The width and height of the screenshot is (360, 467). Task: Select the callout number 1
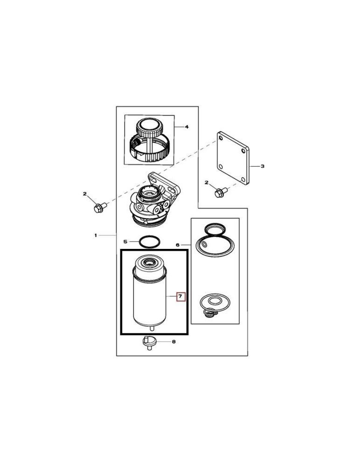(x=95, y=235)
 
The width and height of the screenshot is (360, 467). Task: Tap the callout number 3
(x=262, y=166)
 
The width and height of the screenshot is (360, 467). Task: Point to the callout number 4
(x=186, y=127)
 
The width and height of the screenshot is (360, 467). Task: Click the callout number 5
(x=125, y=241)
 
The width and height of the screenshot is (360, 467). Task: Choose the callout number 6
(x=177, y=244)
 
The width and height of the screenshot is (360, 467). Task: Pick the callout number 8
(x=174, y=342)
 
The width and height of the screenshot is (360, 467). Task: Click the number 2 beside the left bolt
(x=85, y=193)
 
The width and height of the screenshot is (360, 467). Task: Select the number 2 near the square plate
(x=206, y=183)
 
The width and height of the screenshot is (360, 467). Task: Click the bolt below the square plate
(x=220, y=192)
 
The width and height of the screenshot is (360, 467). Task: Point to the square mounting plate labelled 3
(x=233, y=159)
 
